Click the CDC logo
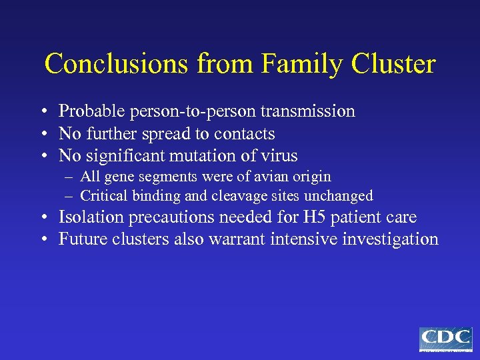click(x=445, y=339)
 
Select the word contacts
click(x=245, y=133)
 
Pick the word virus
click(x=280, y=156)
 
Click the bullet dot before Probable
click(x=42, y=112)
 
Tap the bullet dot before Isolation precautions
click(x=42, y=218)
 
